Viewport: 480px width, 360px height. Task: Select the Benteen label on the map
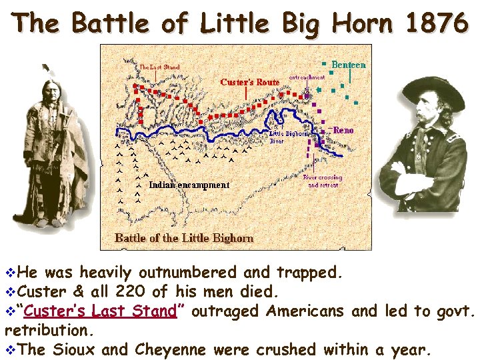349,65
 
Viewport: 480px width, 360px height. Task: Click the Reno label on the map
343,130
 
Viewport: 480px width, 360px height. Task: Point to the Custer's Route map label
249,82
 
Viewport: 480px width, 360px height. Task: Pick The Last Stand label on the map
159,67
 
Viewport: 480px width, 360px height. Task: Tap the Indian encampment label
189,185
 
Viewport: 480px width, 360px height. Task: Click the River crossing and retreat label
323,181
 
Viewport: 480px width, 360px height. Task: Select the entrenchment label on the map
307,77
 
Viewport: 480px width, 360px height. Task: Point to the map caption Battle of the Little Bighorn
184,238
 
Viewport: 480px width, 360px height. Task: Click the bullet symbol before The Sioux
8,349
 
